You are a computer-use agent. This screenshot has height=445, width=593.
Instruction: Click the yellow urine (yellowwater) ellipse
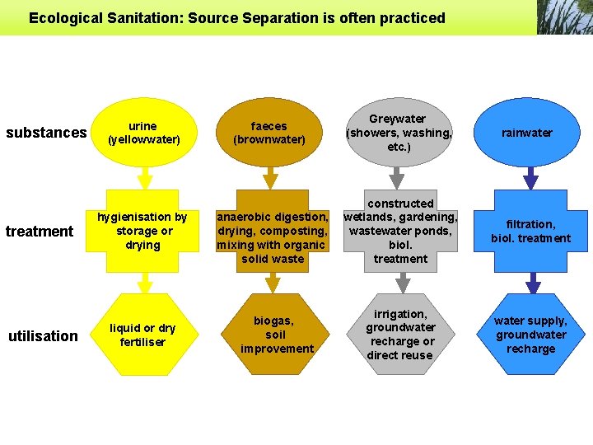coord(143,133)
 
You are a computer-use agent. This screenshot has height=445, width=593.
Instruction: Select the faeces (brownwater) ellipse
coord(269,133)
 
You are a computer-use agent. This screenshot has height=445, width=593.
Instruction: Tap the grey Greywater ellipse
coord(399,133)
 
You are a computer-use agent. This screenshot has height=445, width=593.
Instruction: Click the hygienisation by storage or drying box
coord(143,232)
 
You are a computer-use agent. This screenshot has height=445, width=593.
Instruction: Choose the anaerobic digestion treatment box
coord(272,238)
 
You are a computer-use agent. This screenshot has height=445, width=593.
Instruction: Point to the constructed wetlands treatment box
coord(400,232)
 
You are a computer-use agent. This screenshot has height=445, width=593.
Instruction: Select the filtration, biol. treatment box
coord(530,232)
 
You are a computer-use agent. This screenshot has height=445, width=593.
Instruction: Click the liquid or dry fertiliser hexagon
coord(143,335)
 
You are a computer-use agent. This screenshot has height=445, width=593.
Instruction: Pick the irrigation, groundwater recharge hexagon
coord(400,335)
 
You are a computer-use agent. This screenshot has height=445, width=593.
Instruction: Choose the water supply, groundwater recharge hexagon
coord(530,335)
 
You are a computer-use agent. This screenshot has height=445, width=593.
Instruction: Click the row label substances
coord(46,133)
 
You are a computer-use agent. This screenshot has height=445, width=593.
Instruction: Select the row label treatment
coord(40,232)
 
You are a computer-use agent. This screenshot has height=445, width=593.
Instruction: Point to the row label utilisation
coord(43,335)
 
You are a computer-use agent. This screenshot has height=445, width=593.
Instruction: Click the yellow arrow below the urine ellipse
coord(145,177)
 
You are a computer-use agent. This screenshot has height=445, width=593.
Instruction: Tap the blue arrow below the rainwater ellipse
coord(530,177)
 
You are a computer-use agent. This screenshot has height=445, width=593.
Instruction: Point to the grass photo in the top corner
coord(564,17)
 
